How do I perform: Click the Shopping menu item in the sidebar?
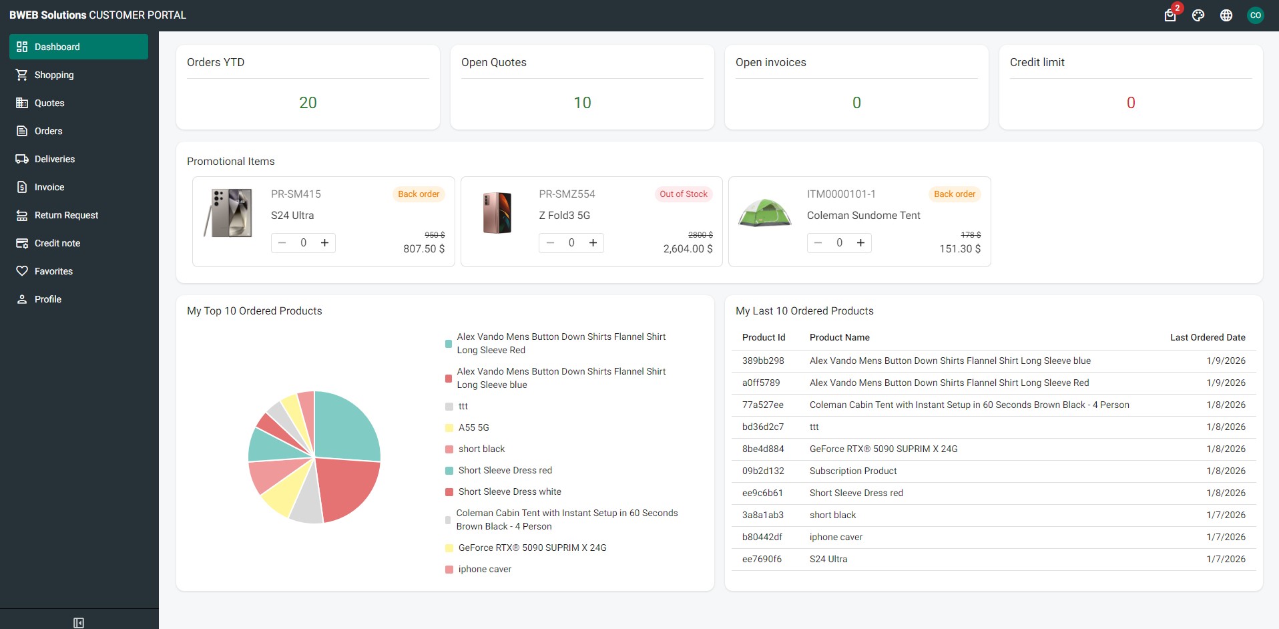click(x=53, y=75)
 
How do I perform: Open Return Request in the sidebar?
click(x=66, y=215)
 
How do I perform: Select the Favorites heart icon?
click(x=22, y=271)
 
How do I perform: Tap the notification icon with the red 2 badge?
click(x=1170, y=15)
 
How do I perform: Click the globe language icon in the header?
click(x=1226, y=15)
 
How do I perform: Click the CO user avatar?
click(x=1256, y=15)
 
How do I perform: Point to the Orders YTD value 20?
click(x=308, y=103)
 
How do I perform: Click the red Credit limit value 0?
click(x=1131, y=103)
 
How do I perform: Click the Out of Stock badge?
click(x=683, y=194)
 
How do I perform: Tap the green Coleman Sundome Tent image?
click(x=764, y=213)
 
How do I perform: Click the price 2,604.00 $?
click(x=688, y=248)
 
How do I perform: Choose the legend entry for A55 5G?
click(x=473, y=427)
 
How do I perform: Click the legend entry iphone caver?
click(x=485, y=569)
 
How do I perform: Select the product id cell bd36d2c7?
click(x=763, y=427)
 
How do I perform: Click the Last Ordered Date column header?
click(x=1207, y=337)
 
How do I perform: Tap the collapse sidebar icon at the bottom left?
click(x=79, y=622)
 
